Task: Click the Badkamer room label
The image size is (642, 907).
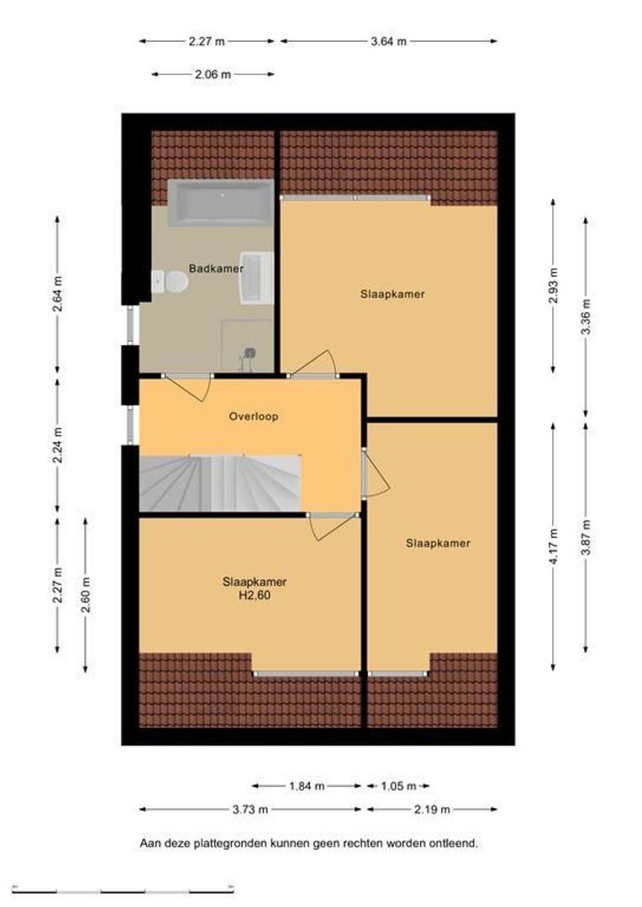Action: (216, 269)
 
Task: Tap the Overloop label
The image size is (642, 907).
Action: (254, 416)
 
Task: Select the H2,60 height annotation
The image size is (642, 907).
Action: (255, 595)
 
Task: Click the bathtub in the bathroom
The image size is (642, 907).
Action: (220, 202)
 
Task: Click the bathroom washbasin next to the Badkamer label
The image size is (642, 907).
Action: (256, 278)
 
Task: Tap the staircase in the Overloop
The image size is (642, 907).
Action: (220, 484)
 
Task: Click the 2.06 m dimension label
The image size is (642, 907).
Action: (213, 74)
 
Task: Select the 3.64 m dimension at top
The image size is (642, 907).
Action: (388, 41)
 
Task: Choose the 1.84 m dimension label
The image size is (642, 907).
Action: (307, 785)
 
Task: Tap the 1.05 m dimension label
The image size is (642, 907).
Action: (399, 785)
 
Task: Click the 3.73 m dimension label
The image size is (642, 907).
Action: (250, 810)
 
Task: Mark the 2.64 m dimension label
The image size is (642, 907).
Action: (57, 294)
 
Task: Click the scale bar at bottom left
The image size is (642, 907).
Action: (123, 889)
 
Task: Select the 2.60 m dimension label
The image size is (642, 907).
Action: (86, 595)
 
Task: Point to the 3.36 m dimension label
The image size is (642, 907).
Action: (587, 317)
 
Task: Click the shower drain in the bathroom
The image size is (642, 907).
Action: (250, 352)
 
